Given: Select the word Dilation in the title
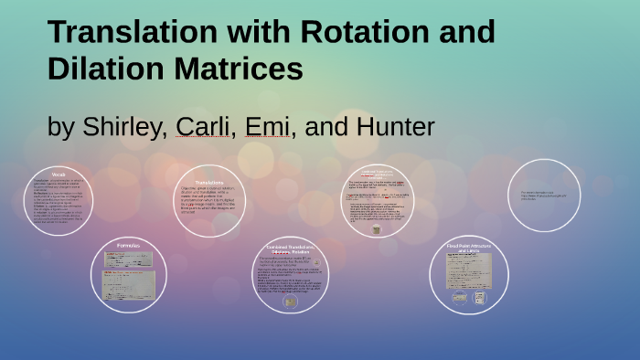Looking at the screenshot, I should click(x=103, y=69).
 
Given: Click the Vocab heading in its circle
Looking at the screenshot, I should click(x=59, y=175).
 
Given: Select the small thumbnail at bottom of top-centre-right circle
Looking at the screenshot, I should click(x=376, y=230).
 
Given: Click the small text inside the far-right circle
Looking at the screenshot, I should click(x=544, y=196).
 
